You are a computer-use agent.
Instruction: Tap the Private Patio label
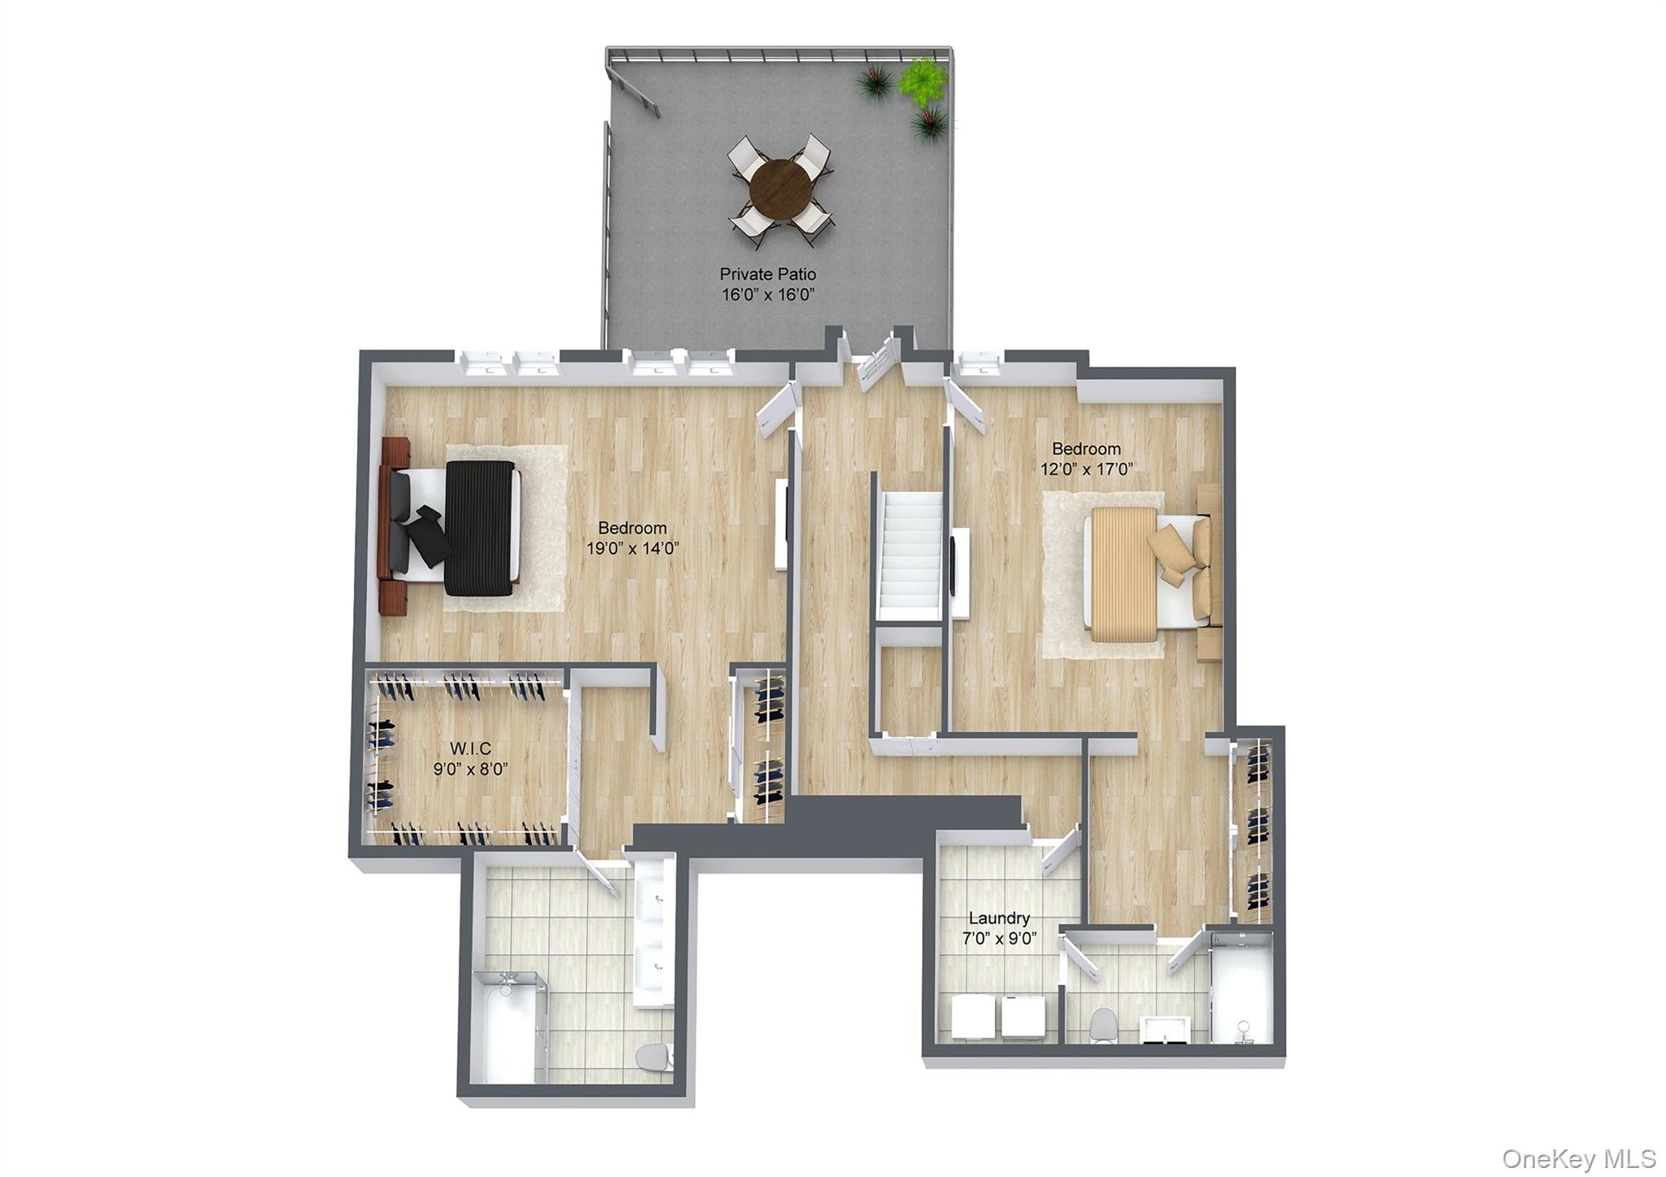[x=767, y=274]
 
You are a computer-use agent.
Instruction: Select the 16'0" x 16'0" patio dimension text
[x=768, y=294]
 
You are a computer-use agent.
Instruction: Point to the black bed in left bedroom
[x=480, y=527]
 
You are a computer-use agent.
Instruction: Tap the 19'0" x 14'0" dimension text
[x=632, y=548]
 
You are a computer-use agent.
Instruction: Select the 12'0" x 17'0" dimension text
[x=1087, y=469]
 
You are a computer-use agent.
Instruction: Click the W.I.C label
[x=470, y=748]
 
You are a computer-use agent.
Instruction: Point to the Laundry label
[x=999, y=918]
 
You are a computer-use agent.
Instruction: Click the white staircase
[x=911, y=553]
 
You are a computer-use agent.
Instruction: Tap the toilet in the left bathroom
[x=653, y=1057]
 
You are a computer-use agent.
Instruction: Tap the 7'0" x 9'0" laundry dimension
[x=999, y=939]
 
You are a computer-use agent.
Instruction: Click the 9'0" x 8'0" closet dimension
[x=470, y=769]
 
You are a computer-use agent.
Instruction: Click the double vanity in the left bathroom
[x=655, y=931]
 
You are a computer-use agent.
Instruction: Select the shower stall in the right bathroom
[x=1241, y=988]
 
